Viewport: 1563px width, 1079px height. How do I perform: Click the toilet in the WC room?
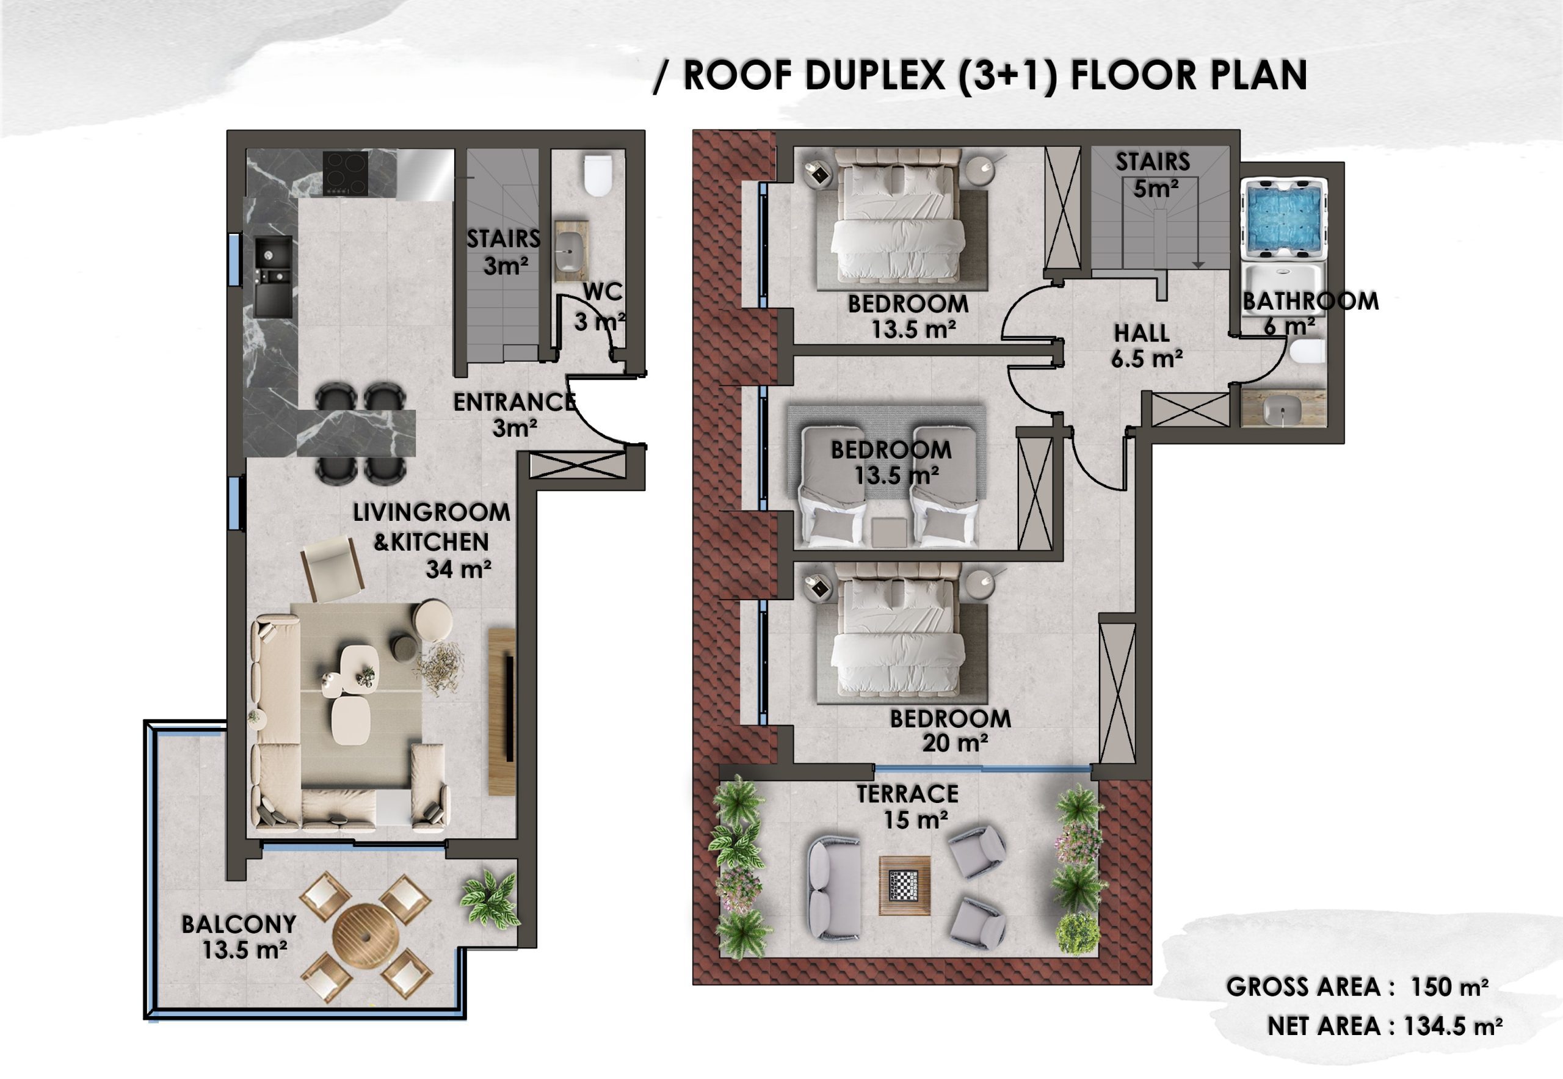point(598,176)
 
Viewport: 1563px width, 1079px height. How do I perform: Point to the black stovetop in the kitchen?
point(346,173)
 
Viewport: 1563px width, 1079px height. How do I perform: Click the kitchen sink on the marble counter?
point(274,277)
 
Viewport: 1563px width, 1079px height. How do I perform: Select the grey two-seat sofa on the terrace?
point(834,888)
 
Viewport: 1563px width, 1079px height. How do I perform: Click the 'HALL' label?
point(1142,333)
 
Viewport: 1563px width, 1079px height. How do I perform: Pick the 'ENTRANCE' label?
point(515,402)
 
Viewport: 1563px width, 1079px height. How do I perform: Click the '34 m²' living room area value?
point(459,569)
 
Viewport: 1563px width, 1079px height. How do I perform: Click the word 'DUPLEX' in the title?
point(875,75)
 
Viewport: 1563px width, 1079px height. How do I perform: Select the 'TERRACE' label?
point(907,794)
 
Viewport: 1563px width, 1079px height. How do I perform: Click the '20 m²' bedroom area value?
point(956,744)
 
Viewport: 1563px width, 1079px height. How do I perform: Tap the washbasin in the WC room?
point(571,250)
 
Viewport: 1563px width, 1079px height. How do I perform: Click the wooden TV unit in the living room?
point(502,712)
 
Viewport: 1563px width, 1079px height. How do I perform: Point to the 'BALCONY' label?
point(239,924)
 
